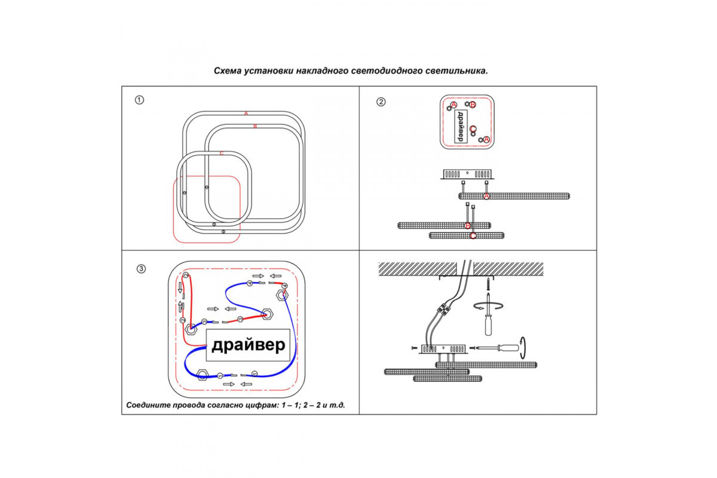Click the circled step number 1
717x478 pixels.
pyautogui.click(x=139, y=100)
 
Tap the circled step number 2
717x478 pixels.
pyautogui.click(x=381, y=101)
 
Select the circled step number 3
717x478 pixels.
pyautogui.click(x=141, y=269)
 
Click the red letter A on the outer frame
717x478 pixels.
pyautogui.click(x=246, y=113)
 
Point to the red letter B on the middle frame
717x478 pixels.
pyautogui.click(x=255, y=126)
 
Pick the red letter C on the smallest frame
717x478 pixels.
pyautogui.click(x=221, y=154)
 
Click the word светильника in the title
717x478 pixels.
pyautogui.click(x=459, y=71)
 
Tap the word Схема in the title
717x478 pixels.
pyautogui.click(x=228, y=71)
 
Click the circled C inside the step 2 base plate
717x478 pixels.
pyautogui.click(x=473, y=129)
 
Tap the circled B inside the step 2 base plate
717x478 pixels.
pyautogui.click(x=473, y=105)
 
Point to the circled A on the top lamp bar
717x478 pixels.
pyautogui.click(x=486, y=196)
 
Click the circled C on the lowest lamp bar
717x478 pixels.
pyautogui.click(x=473, y=236)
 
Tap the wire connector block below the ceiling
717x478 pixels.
pyautogui.click(x=443, y=308)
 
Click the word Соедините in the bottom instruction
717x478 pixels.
pyautogui.click(x=147, y=405)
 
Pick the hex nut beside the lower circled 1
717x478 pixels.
pyautogui.click(x=202, y=375)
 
